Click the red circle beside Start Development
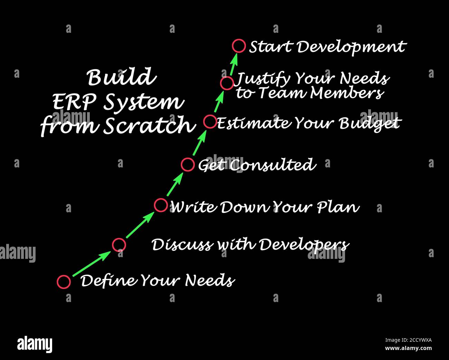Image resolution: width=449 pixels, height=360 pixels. [x=239, y=46]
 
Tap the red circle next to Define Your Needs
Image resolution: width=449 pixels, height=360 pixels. [x=64, y=282]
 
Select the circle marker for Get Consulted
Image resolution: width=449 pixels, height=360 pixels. [x=188, y=165]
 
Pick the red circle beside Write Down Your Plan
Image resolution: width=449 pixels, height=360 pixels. [x=161, y=205]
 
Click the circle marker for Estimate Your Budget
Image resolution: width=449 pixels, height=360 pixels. [x=210, y=121]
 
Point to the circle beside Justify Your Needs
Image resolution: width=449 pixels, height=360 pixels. [x=227, y=84]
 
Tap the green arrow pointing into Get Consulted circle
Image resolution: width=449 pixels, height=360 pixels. [x=175, y=185]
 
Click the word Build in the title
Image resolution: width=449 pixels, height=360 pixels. [x=121, y=77]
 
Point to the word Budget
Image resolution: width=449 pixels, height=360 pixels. [x=370, y=123]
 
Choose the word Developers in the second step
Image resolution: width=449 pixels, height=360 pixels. [x=304, y=245]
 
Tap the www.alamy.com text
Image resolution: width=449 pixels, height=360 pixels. [x=408, y=348]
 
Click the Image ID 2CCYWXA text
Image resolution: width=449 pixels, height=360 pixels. [x=408, y=340]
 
